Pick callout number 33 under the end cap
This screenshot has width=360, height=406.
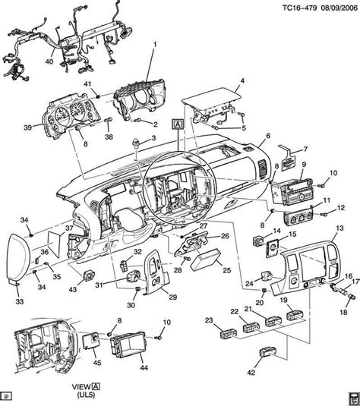(21, 302)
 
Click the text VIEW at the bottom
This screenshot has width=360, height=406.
(104, 385)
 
